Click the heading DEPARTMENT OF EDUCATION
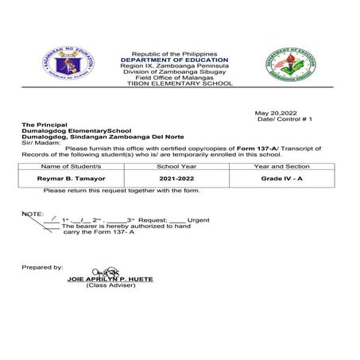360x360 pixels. [174, 60]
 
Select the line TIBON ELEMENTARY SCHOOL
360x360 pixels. [174, 83]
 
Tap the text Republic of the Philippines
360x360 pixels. [174, 52]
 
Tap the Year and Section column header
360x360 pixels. [281, 167]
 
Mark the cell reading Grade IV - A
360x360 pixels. [281, 180]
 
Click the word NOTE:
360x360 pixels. [33, 214]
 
